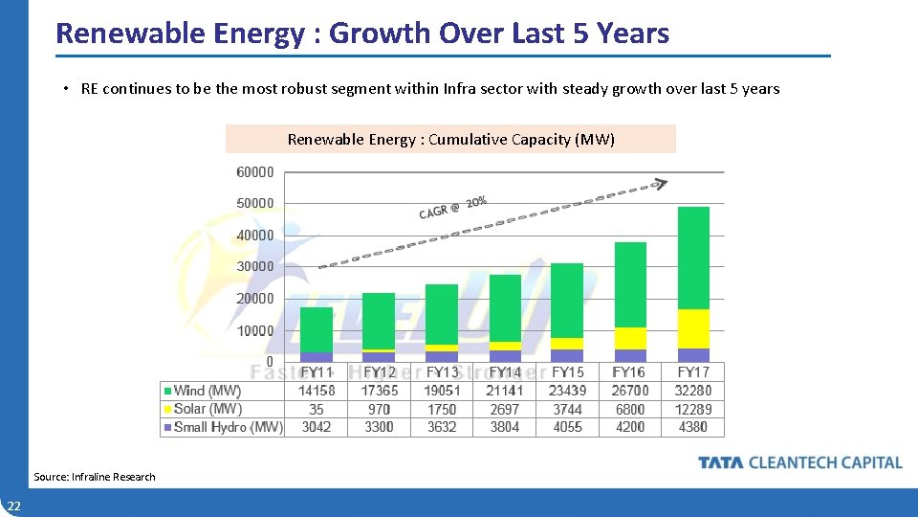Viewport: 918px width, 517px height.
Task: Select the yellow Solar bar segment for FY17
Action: (x=693, y=328)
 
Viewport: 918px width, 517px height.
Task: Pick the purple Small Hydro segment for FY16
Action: (x=630, y=355)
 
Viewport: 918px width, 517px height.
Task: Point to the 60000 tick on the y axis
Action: (x=255, y=172)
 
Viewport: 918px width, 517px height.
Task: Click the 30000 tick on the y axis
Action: (x=255, y=266)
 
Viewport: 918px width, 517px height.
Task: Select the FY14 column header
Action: (x=505, y=371)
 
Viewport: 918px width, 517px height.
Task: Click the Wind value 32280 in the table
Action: (x=693, y=391)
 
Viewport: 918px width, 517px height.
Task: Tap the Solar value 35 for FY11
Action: (x=317, y=409)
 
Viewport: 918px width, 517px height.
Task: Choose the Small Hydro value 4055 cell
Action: (x=568, y=427)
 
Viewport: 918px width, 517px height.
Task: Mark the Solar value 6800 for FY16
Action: (x=630, y=409)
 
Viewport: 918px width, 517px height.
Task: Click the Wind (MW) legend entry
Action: (x=203, y=391)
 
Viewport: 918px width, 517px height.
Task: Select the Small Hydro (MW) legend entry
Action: (x=223, y=427)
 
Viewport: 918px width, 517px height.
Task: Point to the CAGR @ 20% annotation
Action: (x=453, y=207)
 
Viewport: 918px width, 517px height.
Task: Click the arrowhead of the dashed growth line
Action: (x=661, y=182)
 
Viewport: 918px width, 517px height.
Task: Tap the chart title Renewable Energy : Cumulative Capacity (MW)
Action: (x=450, y=140)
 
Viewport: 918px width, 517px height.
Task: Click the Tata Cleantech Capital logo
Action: (x=799, y=462)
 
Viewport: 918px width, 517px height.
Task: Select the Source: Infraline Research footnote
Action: (x=94, y=477)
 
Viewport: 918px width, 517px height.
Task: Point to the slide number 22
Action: (x=14, y=506)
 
